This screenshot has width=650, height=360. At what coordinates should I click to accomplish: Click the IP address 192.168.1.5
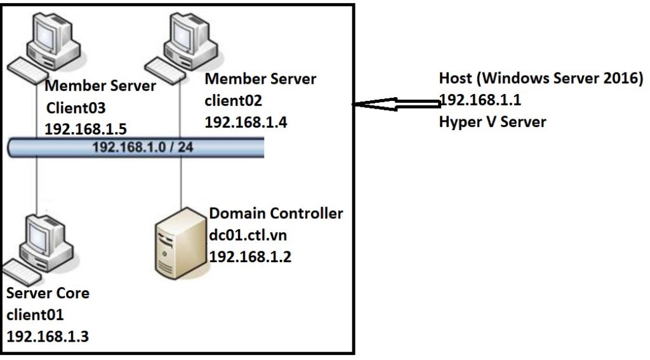[86, 129]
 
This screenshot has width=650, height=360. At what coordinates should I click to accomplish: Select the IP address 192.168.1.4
[246, 122]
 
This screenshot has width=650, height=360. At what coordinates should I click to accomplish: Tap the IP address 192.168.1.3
[48, 336]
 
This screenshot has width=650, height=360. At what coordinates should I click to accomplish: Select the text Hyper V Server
[492, 122]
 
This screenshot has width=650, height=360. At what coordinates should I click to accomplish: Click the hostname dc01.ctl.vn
[248, 235]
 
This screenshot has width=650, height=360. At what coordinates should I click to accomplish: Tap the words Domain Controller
[275, 213]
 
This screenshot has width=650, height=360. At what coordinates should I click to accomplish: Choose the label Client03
[75, 107]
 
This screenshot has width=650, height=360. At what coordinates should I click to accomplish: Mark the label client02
[233, 100]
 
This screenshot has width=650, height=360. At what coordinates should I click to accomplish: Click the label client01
[35, 314]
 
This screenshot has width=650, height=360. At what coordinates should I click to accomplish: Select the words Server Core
[48, 293]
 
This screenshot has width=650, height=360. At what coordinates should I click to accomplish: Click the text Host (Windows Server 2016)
[541, 79]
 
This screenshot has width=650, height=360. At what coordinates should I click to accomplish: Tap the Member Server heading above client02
[260, 79]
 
